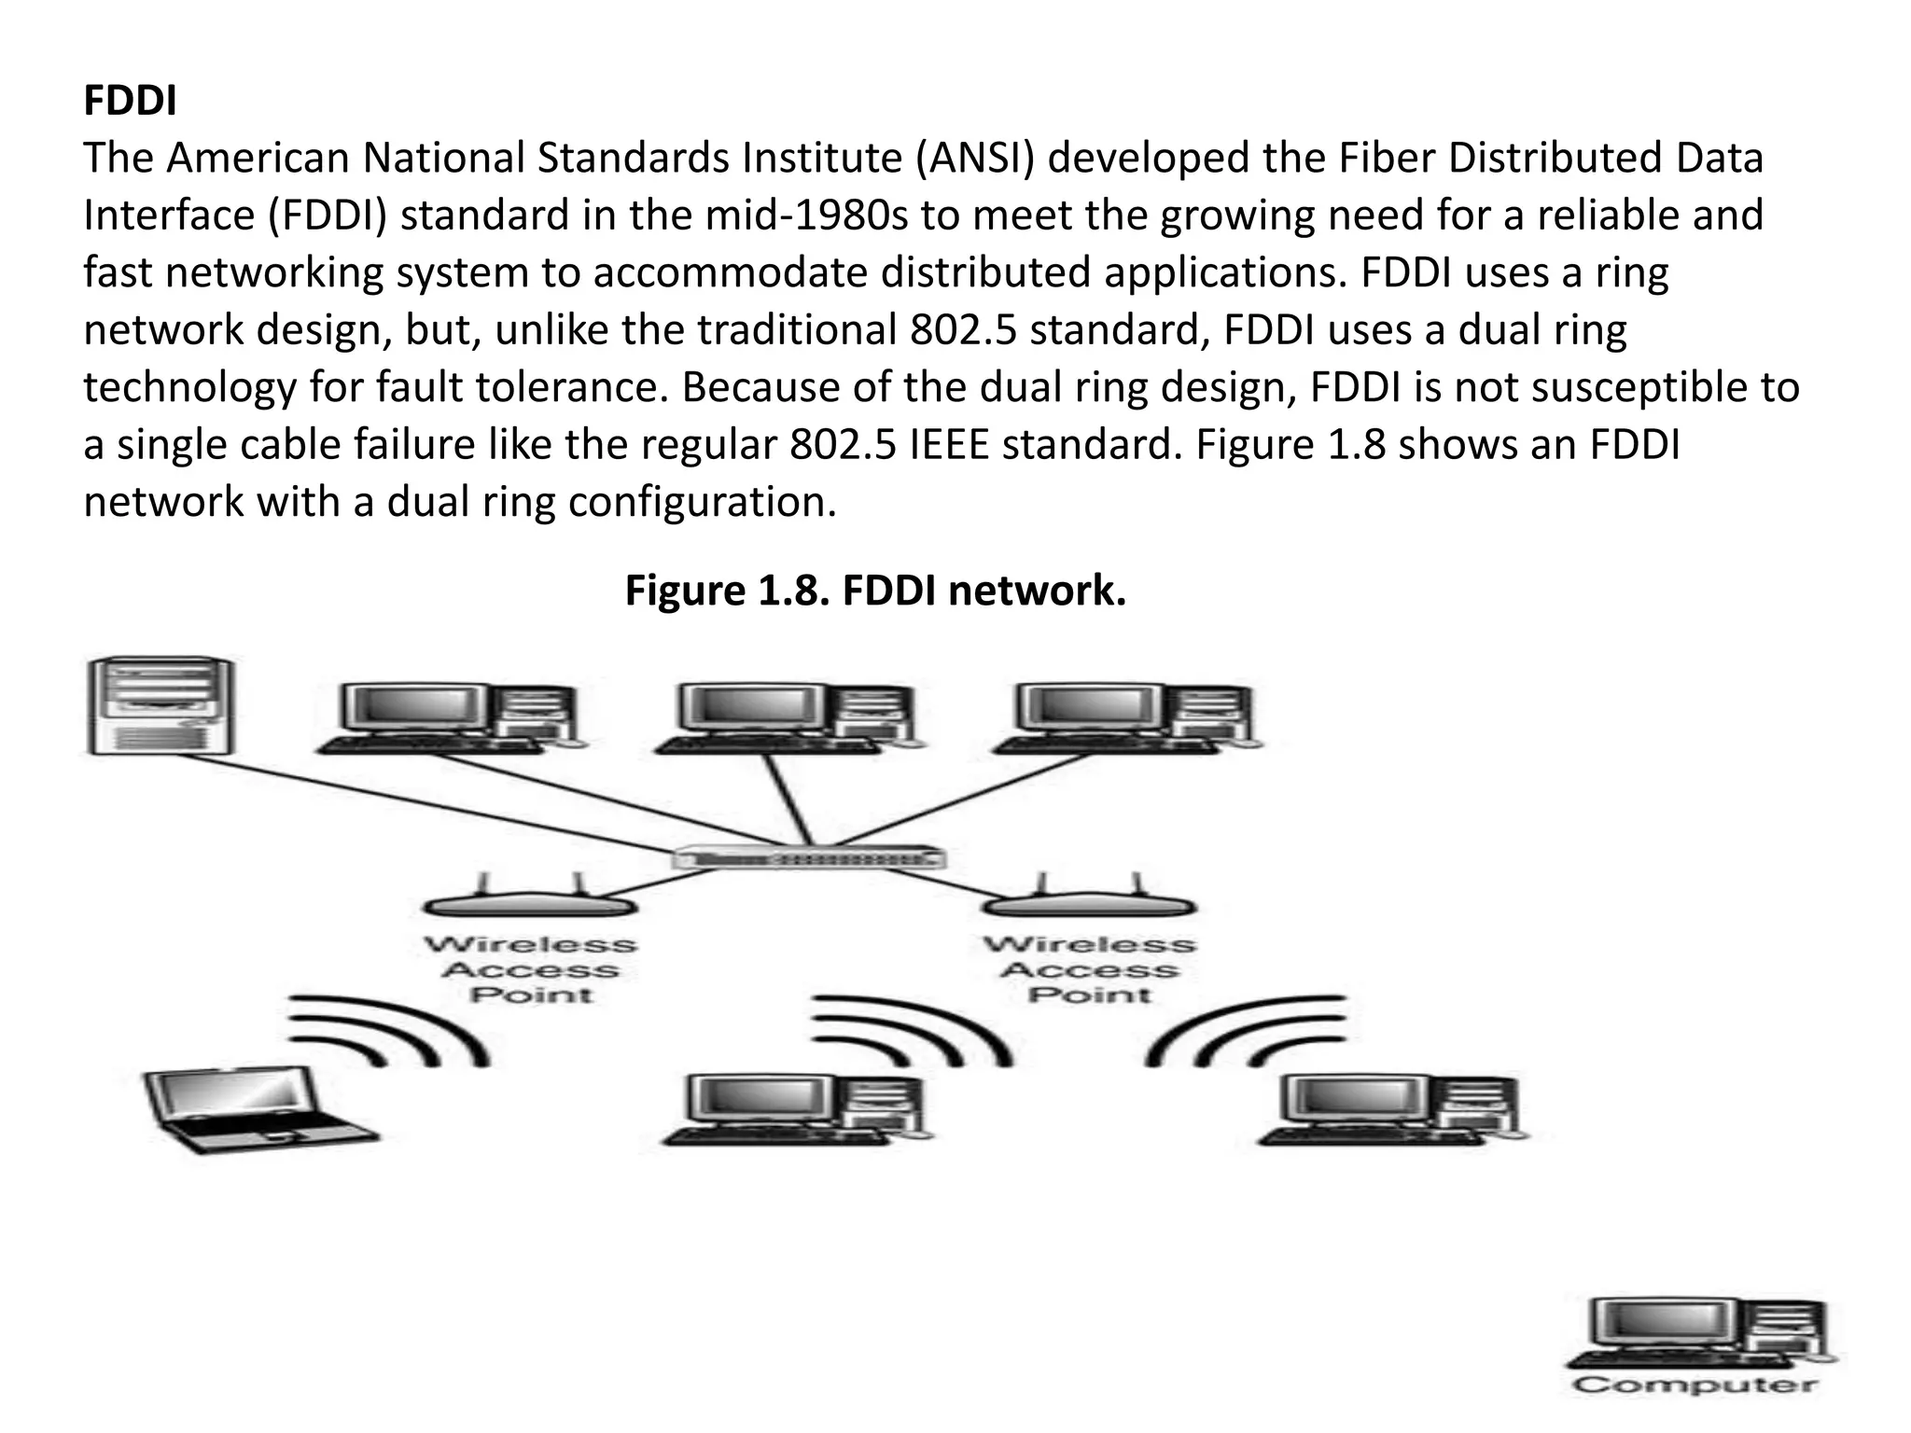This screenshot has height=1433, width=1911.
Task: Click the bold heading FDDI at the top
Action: [x=130, y=101]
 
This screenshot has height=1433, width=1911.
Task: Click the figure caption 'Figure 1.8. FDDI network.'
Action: [x=874, y=591]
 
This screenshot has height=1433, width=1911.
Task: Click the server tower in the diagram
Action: [x=160, y=705]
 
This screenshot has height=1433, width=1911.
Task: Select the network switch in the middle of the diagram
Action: [x=808, y=857]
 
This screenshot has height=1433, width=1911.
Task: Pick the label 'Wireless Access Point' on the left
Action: [x=530, y=970]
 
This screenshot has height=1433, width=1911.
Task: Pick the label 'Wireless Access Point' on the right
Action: [x=1089, y=970]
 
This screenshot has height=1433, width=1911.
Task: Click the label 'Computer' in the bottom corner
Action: [x=1695, y=1385]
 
